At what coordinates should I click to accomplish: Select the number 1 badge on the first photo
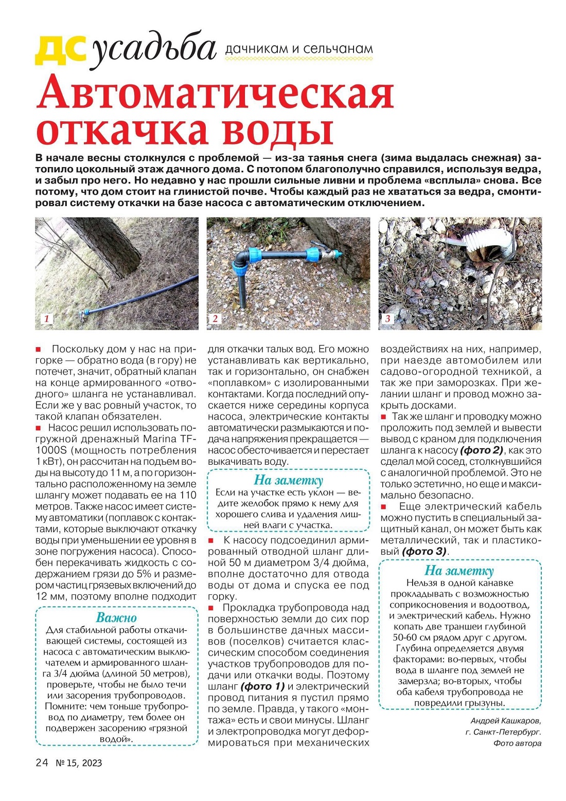pyautogui.click(x=46, y=318)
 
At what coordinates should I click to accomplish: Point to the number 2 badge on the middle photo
pyautogui.click(x=215, y=318)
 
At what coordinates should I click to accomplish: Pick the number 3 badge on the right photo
pyautogui.click(x=387, y=318)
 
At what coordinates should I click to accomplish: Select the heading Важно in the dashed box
pyautogui.click(x=116, y=617)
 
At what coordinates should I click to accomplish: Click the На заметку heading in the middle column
pyautogui.click(x=288, y=480)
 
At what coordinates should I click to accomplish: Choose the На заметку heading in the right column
pyautogui.click(x=459, y=570)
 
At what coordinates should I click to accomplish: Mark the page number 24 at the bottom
pyautogui.click(x=42, y=762)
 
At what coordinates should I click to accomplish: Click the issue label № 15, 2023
pyautogui.click(x=79, y=763)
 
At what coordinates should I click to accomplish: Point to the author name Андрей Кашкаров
pyautogui.click(x=505, y=721)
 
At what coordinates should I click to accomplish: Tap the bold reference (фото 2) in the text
pyautogui.click(x=481, y=450)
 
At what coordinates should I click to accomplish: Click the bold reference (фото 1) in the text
pyautogui.click(x=262, y=686)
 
